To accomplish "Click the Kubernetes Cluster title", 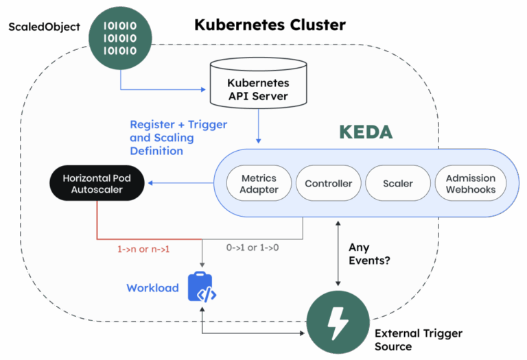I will click(270, 25).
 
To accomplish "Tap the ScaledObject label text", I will click(44, 27).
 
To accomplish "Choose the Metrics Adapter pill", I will click(259, 184).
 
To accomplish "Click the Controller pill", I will click(329, 184).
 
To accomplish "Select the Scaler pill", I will click(399, 184).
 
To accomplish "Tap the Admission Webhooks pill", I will click(470, 184).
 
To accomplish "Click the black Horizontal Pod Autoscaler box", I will click(97, 184).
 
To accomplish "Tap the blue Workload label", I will click(152, 288).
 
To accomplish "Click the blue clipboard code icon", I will click(202, 289).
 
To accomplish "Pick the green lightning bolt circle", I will click(336, 322).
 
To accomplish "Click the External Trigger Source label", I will click(419, 339).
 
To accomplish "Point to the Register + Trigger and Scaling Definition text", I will click(178, 138).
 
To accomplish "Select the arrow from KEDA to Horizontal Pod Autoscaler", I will click(182, 183).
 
